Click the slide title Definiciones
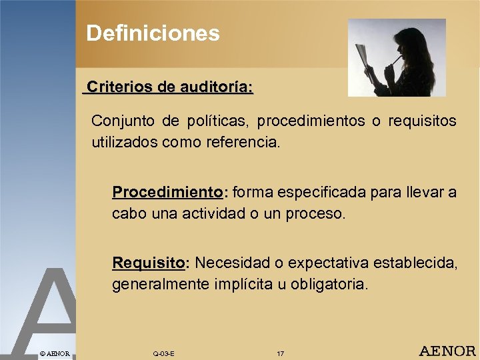pos(153,33)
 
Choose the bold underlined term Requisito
pos(149,263)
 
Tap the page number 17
pos(280,353)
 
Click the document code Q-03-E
pos(163,353)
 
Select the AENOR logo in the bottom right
pos(447,351)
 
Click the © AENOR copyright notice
pos(54,353)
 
